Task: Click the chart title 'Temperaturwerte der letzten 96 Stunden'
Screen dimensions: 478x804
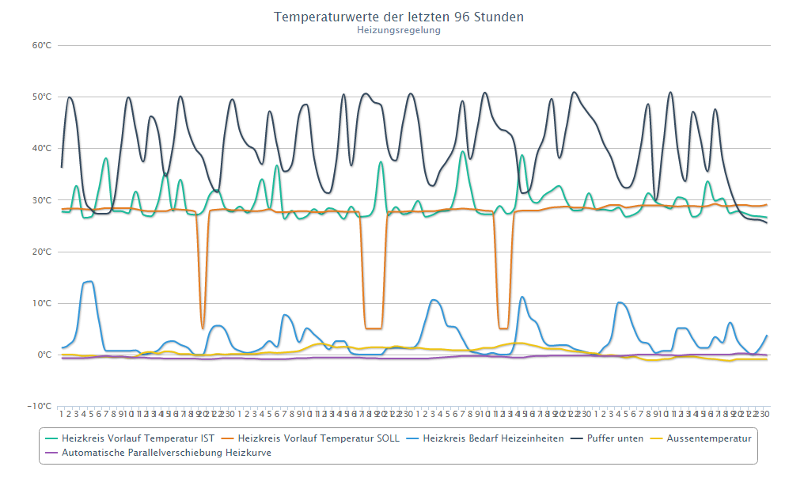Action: (399, 17)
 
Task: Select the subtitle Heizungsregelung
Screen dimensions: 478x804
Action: (399, 30)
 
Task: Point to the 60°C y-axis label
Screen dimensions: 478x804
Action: (42, 45)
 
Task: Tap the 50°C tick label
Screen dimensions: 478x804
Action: (42, 97)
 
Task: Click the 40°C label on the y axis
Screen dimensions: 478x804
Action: (42, 148)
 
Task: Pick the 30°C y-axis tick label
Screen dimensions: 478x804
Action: (42, 200)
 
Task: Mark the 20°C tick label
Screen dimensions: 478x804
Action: (42, 252)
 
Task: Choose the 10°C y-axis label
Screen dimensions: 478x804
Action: (42, 303)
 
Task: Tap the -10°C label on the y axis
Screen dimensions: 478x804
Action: (40, 406)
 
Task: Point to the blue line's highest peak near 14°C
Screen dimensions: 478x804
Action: (90, 281)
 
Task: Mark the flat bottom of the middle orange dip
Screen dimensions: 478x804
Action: (374, 328)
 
